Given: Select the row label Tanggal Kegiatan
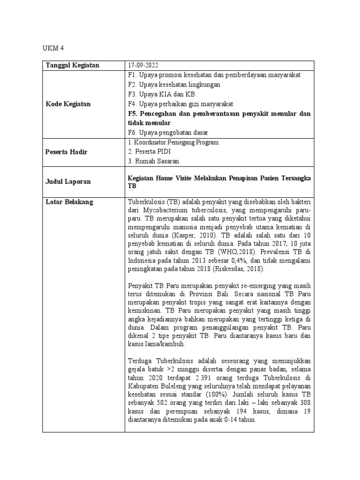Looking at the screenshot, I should tap(72, 65).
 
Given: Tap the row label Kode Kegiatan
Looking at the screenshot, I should tap(68, 104).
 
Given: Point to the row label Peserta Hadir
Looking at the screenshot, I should tap(67, 152).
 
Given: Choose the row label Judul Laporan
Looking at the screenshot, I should tap(67, 181).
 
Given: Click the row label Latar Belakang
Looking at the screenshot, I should tap(69, 202).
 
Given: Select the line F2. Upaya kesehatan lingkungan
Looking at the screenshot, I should tap(174, 85).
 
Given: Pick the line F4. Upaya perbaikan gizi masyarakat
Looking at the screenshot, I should tap(180, 104).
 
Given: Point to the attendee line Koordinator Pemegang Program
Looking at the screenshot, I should tap(173, 142).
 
